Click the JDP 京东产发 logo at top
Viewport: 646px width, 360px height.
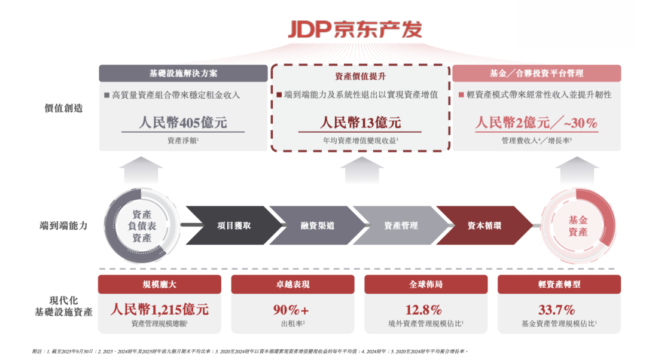pyautogui.click(x=355, y=29)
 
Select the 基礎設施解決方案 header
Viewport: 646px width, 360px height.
pyautogui.click(x=183, y=74)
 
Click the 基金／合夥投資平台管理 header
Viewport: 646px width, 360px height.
pyautogui.click(x=536, y=74)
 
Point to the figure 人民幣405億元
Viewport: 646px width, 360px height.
pyautogui.click(x=183, y=123)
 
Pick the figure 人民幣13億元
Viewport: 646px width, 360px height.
pyautogui.click(x=360, y=123)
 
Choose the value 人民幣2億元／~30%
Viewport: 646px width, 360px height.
pyautogui.click(x=536, y=123)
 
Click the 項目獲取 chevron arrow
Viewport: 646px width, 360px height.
pyautogui.click(x=233, y=225)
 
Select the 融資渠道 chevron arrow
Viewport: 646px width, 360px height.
pyautogui.click(x=317, y=225)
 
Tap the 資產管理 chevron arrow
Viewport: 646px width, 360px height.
pyautogui.click(x=400, y=225)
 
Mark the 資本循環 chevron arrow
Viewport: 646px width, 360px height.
pyautogui.click(x=484, y=225)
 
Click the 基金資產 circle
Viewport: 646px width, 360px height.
pyautogui.click(x=577, y=226)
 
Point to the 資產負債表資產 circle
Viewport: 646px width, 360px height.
pyautogui.click(x=142, y=226)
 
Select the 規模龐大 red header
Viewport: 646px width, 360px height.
pyautogui.click(x=159, y=285)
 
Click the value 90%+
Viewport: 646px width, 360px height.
pyautogui.click(x=292, y=310)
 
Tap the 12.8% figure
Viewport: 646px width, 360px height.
pyautogui.click(x=425, y=310)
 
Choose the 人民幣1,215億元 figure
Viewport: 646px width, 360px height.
pyautogui.click(x=159, y=310)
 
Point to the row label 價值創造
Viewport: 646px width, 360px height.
pyautogui.click(x=63, y=108)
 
